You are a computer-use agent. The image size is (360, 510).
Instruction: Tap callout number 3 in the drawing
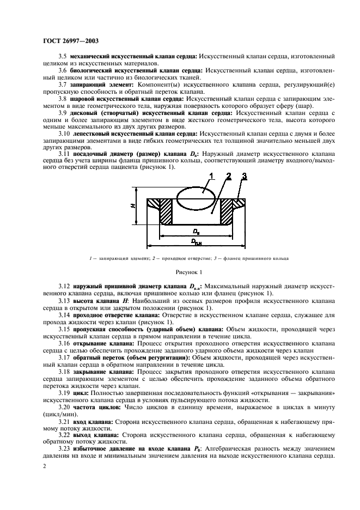[245, 175]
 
